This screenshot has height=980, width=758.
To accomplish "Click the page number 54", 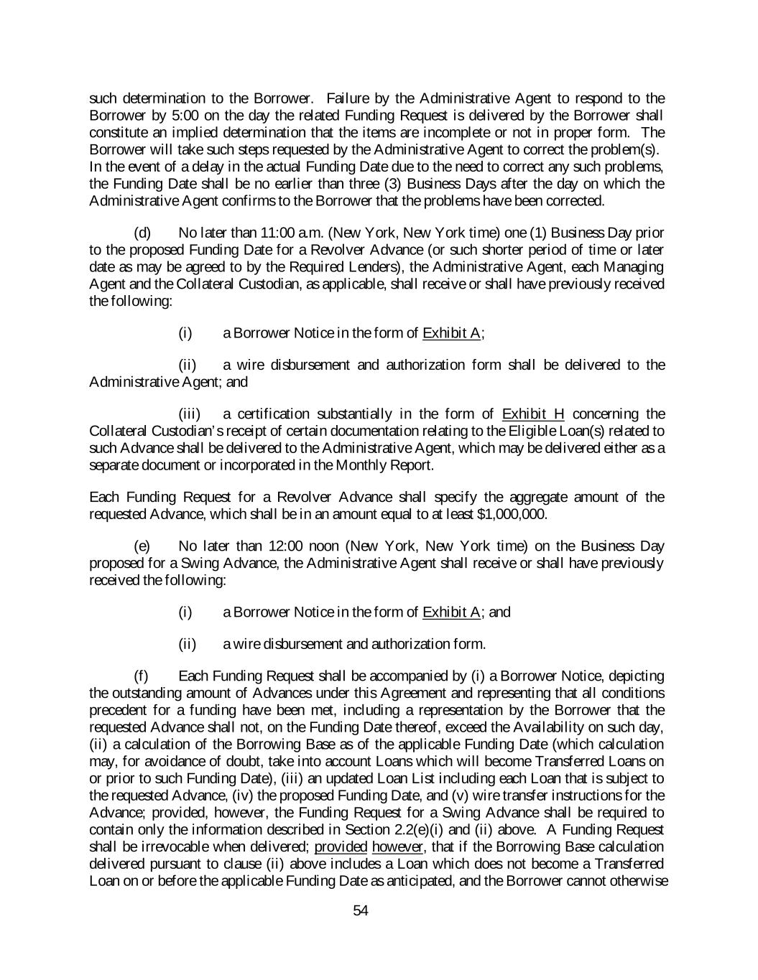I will pos(361,911).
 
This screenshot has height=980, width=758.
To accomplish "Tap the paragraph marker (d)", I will pos(142,233).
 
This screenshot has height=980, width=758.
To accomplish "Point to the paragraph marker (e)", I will pos(142,546).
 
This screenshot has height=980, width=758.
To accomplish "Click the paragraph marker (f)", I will pos(142,676).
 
